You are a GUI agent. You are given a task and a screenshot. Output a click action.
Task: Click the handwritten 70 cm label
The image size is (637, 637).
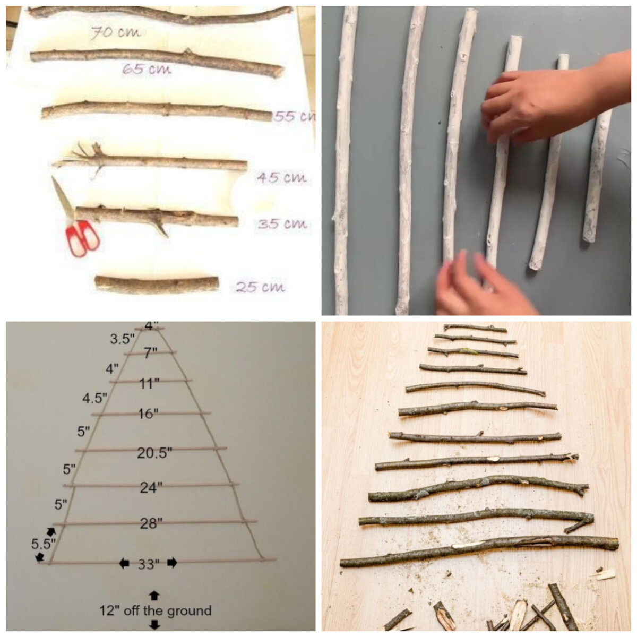pyautogui.click(x=115, y=33)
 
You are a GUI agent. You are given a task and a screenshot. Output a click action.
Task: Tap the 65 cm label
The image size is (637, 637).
pyautogui.click(x=147, y=70)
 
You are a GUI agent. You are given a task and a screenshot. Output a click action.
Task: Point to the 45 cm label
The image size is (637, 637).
pyautogui.click(x=282, y=178)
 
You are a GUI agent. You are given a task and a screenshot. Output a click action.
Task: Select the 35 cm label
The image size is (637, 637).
pyautogui.click(x=282, y=224)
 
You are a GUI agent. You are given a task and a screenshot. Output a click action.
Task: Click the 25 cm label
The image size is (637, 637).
pyautogui.click(x=260, y=287)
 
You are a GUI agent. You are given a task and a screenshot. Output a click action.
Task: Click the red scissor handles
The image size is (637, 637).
pyautogui.click(x=82, y=238)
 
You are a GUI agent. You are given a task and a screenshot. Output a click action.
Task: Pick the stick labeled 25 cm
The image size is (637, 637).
pyautogui.click(x=157, y=285)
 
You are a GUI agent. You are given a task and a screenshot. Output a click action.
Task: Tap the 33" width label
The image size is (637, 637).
pyautogui.click(x=149, y=564)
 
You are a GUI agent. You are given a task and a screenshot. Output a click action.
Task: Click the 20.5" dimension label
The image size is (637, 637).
pyautogui.click(x=154, y=453)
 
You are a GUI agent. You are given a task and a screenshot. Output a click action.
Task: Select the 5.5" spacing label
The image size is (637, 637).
pyautogui.click(x=44, y=543)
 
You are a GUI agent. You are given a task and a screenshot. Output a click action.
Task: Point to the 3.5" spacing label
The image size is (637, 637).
pyautogui.click(x=123, y=339)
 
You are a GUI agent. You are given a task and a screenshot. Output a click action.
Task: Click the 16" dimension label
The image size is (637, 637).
pyautogui.click(x=148, y=414)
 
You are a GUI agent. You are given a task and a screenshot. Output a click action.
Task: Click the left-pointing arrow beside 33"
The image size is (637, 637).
pyautogui.click(x=124, y=563)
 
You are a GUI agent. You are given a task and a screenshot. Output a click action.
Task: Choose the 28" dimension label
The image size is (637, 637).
pyautogui.click(x=151, y=523)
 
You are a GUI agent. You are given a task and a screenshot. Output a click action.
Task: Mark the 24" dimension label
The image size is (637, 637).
pyautogui.click(x=151, y=488)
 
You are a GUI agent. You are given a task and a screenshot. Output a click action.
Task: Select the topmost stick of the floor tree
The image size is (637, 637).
pyautogui.click(x=475, y=328)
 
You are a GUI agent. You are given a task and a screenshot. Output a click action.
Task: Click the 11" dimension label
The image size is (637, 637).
pyautogui.click(x=149, y=384)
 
